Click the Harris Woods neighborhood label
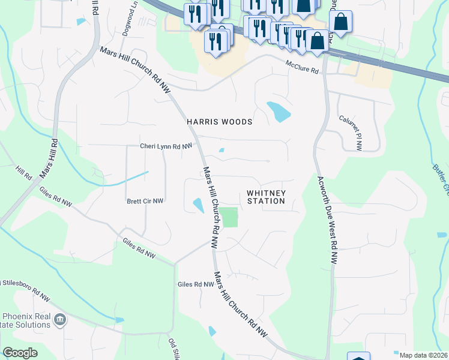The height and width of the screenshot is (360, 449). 219,122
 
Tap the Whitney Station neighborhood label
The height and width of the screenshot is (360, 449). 266,197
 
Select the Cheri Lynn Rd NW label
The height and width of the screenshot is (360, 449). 166,146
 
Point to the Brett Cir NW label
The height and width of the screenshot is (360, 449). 145,202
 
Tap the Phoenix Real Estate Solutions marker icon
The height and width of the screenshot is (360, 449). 60,318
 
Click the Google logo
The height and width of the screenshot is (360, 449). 20,353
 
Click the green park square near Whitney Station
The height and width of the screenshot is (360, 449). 228,217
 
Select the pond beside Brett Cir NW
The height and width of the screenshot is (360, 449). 197,205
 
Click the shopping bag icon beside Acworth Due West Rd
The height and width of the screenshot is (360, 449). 340,22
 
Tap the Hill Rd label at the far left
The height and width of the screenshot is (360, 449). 24,175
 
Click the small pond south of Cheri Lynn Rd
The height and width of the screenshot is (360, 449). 221,150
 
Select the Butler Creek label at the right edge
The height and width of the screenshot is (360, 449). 443,180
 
